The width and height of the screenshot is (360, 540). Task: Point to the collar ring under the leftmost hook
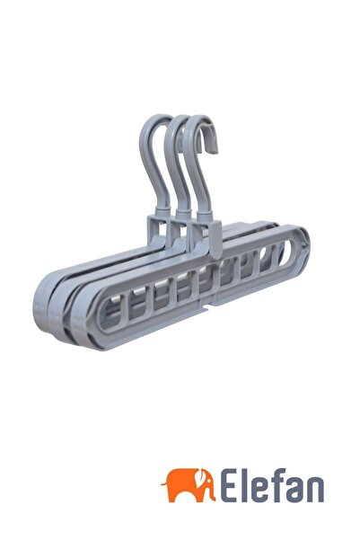[162, 211]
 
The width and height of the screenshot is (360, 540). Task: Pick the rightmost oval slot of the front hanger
[285, 253]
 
